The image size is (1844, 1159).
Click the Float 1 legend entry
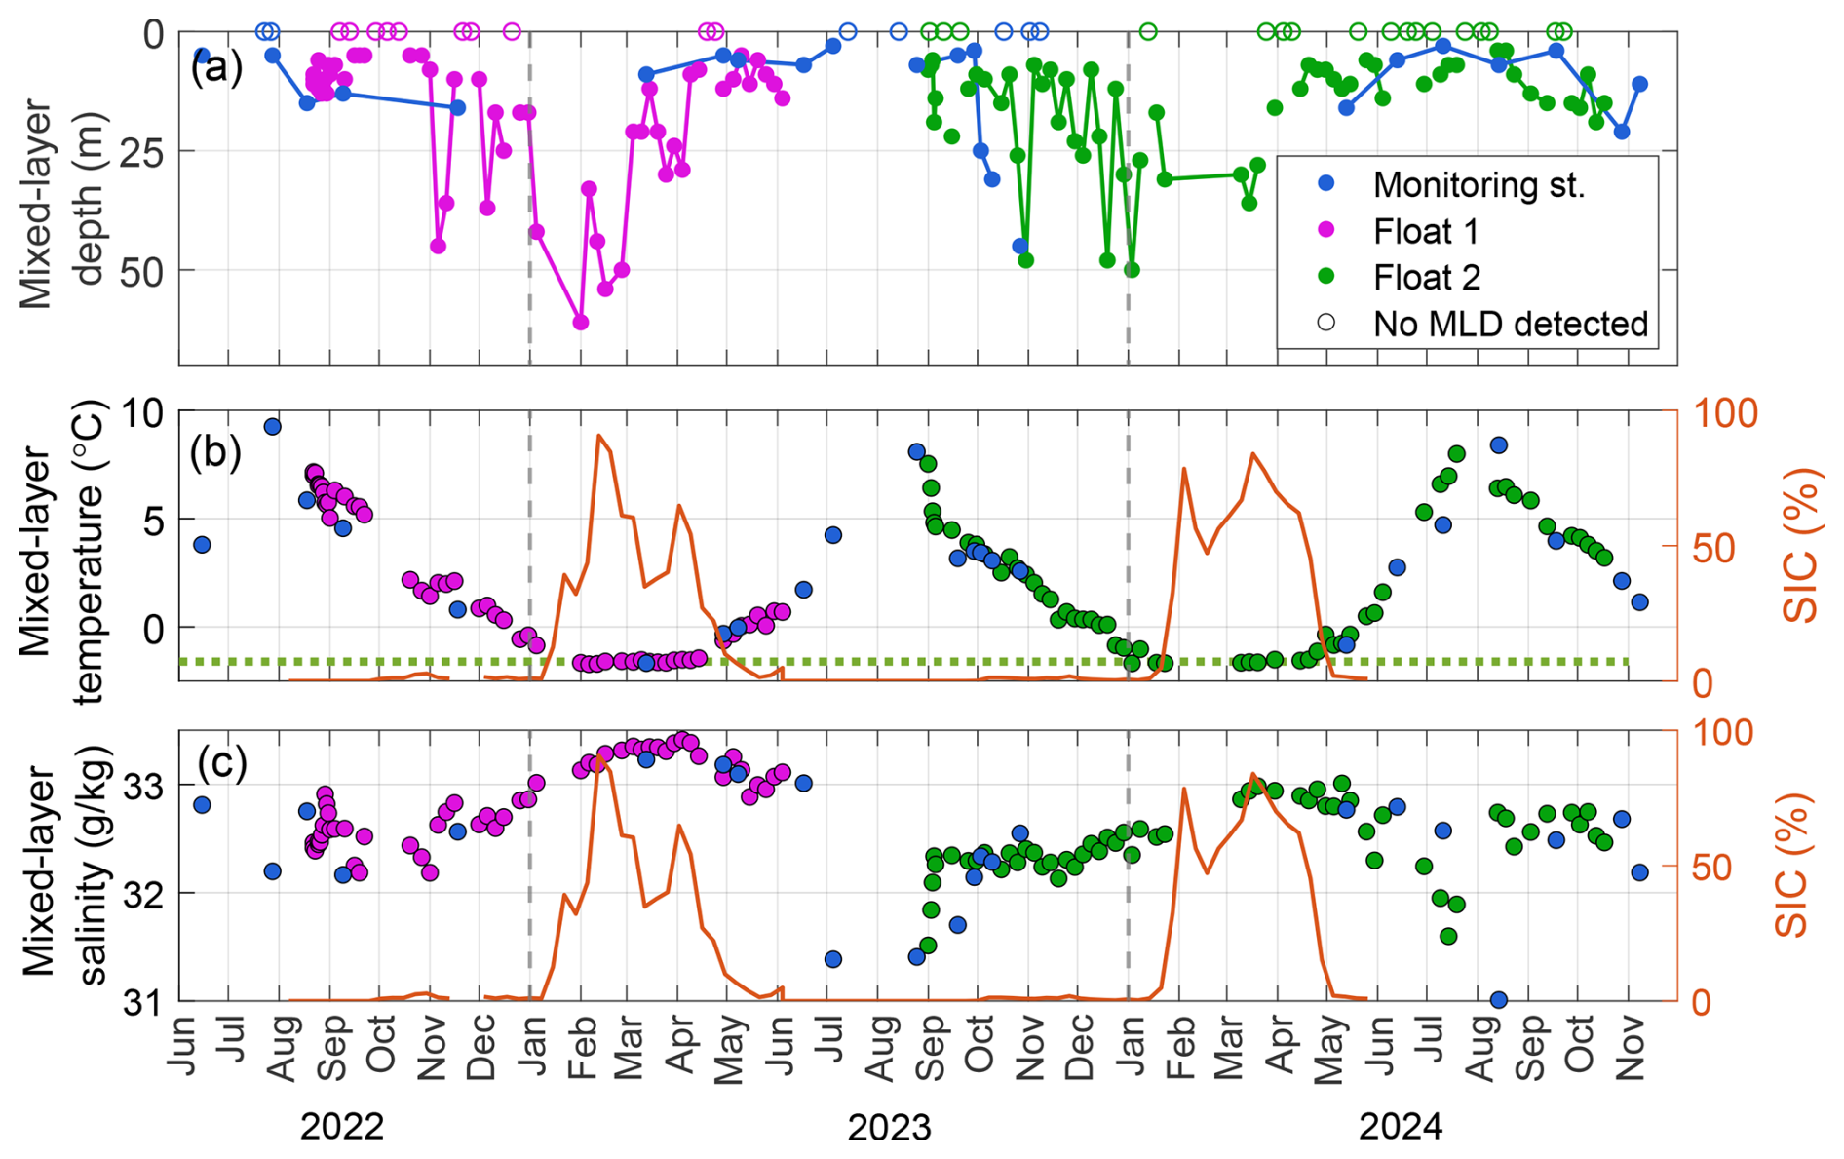[1425, 231]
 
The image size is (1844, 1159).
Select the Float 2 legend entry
[1426, 278]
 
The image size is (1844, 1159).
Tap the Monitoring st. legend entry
[1478, 184]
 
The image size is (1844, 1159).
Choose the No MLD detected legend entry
[1510, 324]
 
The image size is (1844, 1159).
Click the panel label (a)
[216, 68]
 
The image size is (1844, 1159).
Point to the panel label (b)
[216, 452]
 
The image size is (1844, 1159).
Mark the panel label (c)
[222, 762]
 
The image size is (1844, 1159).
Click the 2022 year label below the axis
[341, 1127]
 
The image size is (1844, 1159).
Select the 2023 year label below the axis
[889, 1127]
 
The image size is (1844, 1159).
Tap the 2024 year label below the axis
[1401, 1127]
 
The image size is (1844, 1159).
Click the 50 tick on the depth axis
[142, 271]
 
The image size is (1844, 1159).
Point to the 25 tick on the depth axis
[142, 152]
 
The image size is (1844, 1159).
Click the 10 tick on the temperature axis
[142, 413]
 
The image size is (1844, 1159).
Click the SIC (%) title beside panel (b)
[1801, 546]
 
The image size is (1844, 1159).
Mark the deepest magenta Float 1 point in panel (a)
[581, 322]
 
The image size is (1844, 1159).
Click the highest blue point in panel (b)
[272, 426]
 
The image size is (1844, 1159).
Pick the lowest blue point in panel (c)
[1499, 999]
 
